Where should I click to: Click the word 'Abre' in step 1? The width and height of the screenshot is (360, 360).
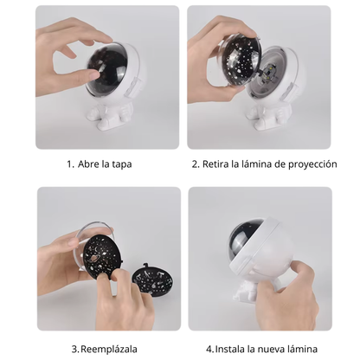coord(90,164)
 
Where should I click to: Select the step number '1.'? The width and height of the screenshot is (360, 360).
coord(69,164)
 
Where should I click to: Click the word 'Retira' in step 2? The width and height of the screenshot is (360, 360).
coord(220,164)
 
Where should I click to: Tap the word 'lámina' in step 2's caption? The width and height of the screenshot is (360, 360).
coord(255,164)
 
